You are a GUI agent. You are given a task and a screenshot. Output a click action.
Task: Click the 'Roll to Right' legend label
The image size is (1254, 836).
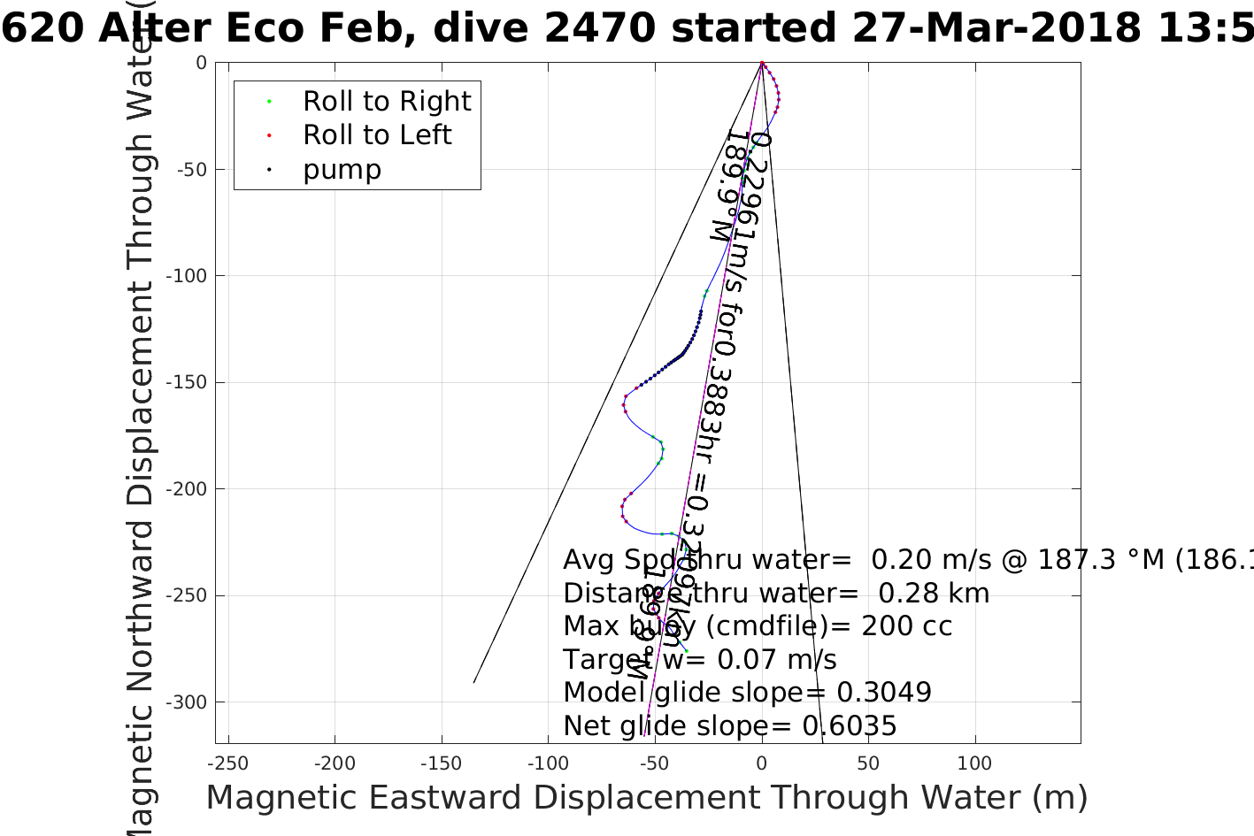387,102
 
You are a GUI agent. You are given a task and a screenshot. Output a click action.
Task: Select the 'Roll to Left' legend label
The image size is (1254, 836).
377,135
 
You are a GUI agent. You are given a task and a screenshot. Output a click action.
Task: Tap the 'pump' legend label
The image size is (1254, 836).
342,170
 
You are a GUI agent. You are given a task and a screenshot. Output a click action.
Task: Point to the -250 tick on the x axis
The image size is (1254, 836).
228,763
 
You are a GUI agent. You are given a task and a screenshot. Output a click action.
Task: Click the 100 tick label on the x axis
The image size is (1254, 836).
975,763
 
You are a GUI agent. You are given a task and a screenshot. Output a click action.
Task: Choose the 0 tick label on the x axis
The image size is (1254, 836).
762,763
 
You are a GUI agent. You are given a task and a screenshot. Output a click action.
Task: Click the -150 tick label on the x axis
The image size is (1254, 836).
441,763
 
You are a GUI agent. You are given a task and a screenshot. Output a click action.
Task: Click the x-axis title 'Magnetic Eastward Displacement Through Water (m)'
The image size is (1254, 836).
646,798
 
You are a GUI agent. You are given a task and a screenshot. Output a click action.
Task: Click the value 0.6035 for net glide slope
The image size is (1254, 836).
849,726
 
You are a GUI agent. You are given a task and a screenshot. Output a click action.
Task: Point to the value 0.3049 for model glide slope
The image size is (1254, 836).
884,693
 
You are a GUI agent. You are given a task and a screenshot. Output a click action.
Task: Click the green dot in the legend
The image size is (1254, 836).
269,102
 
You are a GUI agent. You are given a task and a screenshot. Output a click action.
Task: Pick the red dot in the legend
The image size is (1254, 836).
269,135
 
